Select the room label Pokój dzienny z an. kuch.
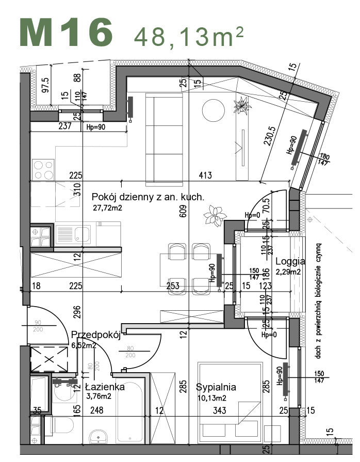point(148,197)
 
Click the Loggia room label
point(290,261)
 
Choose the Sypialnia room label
point(216,387)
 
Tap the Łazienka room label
point(105,387)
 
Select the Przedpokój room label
point(95,334)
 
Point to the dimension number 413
point(205,176)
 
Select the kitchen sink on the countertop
point(75,235)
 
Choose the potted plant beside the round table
point(241,107)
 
